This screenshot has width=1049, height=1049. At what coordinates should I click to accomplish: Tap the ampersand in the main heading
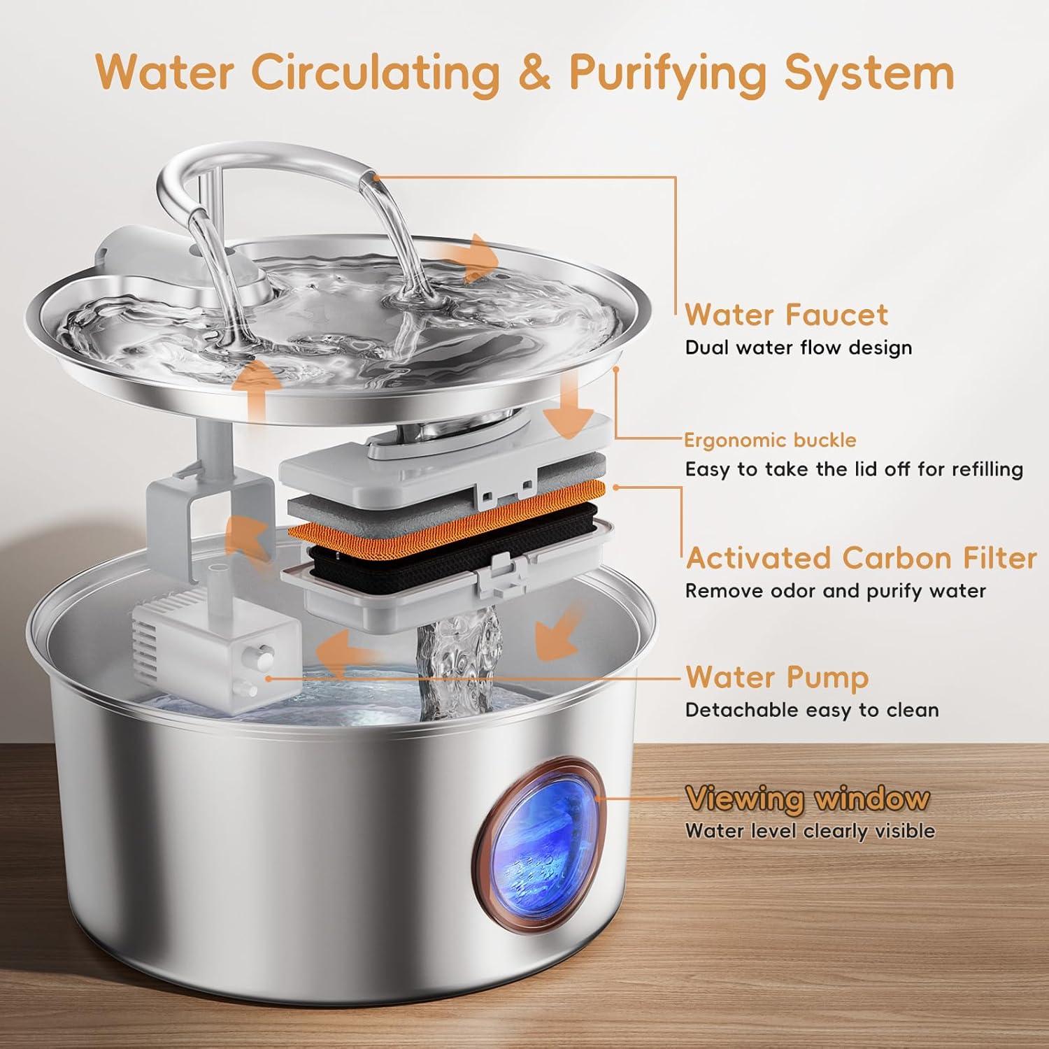coord(535,72)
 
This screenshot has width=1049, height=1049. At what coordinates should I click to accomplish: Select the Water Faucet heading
coord(786,315)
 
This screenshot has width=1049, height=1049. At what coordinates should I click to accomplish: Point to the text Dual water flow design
coord(798,348)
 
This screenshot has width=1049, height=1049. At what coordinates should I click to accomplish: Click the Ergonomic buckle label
coord(770,440)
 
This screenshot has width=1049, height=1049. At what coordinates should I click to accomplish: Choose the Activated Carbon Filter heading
coord(861,558)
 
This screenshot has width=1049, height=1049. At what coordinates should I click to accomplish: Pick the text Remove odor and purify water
coord(835,591)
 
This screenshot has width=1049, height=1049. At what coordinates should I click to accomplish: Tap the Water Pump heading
coord(777,677)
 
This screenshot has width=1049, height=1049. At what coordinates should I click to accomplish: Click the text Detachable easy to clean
coord(811,710)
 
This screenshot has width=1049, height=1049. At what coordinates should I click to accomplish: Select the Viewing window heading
coord(807,798)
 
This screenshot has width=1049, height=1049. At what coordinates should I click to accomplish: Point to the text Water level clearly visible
coord(809,831)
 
